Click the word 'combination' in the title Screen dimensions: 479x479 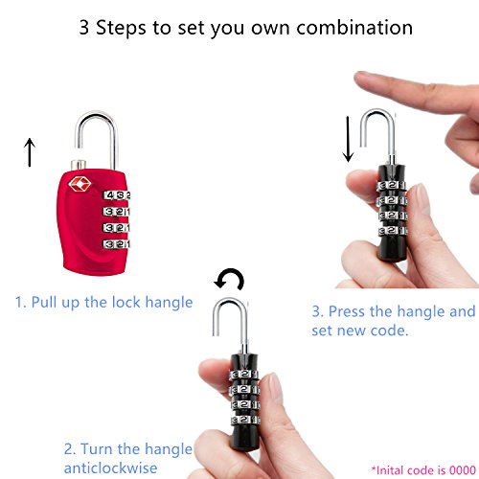click(354, 28)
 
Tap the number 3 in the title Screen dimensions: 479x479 click(83, 28)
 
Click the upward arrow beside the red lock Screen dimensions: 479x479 click(30, 152)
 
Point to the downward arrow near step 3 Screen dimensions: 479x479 click(348, 139)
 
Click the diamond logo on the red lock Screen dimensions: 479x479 click(80, 184)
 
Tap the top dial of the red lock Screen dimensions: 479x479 click(116, 195)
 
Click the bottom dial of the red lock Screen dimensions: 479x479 click(116, 244)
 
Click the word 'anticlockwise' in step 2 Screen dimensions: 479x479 click(110, 468)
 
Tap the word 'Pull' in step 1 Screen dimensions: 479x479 click(44, 302)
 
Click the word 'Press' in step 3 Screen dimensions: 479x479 click(347, 311)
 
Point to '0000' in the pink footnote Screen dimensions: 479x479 click(463, 470)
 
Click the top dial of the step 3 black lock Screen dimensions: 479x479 click(392, 185)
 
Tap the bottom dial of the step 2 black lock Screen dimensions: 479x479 click(245, 420)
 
